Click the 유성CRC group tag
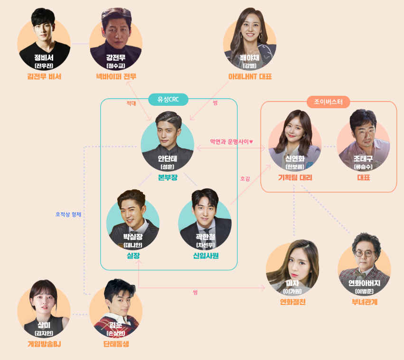tap(168, 99)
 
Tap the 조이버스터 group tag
tap(329, 102)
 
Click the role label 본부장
tap(168, 178)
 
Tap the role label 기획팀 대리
tap(295, 178)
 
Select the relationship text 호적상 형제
tap(68, 214)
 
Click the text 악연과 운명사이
tap(232, 141)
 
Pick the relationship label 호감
tap(245, 179)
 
